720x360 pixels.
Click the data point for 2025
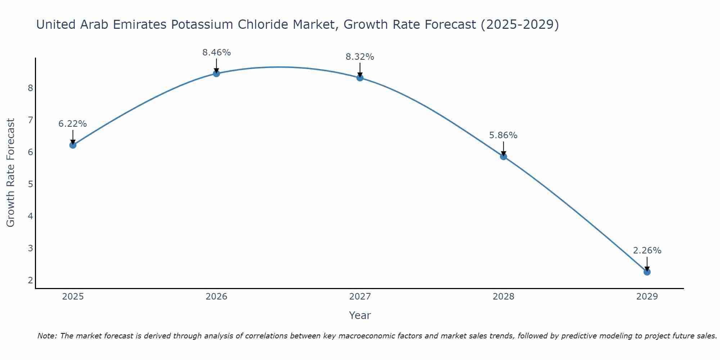click(73, 145)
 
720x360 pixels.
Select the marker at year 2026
click(216, 73)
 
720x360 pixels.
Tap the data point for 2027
click(360, 78)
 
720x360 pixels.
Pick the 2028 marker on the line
click(503, 157)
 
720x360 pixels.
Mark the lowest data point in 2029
click(647, 272)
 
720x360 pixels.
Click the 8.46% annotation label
click(216, 53)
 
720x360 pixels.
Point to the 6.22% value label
click(73, 124)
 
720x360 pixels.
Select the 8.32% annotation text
click(360, 57)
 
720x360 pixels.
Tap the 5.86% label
click(503, 135)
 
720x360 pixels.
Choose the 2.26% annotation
click(647, 251)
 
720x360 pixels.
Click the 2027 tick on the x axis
click(360, 297)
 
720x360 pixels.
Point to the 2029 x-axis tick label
click(647, 297)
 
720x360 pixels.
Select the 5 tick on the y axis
click(30, 184)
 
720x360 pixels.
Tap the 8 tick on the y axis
click(30, 88)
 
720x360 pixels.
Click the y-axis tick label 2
click(30, 280)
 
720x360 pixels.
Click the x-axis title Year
click(360, 315)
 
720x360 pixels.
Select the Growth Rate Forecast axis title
click(11, 173)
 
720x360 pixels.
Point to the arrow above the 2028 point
click(503, 148)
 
